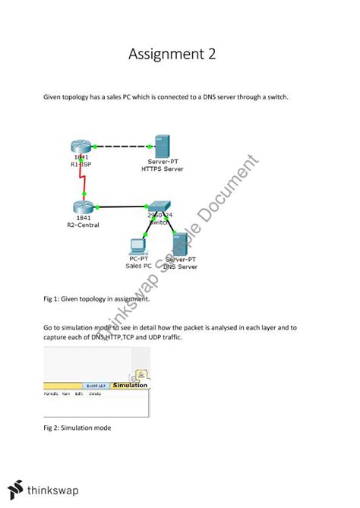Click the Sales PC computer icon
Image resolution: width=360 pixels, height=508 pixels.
(x=138, y=245)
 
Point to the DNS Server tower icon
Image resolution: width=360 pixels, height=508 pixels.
(x=181, y=245)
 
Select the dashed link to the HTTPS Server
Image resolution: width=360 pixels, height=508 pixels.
(x=122, y=146)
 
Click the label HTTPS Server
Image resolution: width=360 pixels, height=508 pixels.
(x=163, y=169)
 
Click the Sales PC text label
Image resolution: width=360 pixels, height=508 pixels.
(x=137, y=267)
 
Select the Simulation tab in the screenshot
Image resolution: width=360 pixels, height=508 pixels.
(x=129, y=385)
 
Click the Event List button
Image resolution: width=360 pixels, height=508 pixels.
(x=95, y=386)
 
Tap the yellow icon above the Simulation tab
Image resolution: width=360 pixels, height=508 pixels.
(x=141, y=374)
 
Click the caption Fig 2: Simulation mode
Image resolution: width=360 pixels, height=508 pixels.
(x=77, y=428)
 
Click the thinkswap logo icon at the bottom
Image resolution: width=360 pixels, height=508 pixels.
(x=14, y=490)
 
